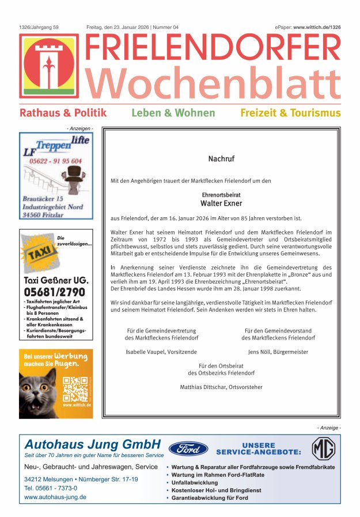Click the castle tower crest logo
click(x=49, y=65)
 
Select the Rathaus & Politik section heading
click(x=63, y=113)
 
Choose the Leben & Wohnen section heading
click(x=173, y=113)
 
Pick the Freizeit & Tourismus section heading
click(x=290, y=113)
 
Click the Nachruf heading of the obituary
click(x=221, y=159)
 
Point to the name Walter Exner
click(x=221, y=203)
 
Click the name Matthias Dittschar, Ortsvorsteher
click(x=221, y=387)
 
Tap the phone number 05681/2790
click(x=54, y=292)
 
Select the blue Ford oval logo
click(x=188, y=448)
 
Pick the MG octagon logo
click(x=323, y=448)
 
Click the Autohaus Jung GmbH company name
click(x=92, y=444)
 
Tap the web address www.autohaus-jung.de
click(x=55, y=497)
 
